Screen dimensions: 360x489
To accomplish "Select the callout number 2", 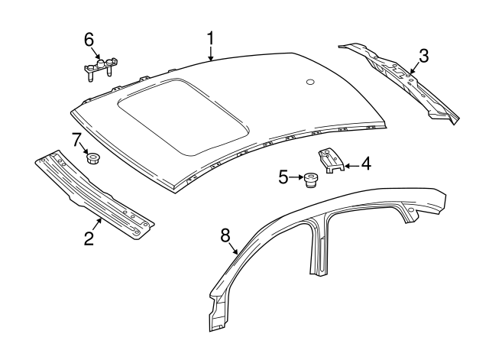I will (x=89, y=238).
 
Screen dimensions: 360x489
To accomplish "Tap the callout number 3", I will (x=423, y=55).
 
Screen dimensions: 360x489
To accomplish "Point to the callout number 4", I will (x=366, y=163).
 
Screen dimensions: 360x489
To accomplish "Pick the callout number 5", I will (x=283, y=178).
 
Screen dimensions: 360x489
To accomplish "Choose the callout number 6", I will (x=89, y=37).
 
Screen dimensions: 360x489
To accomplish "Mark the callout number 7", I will (x=76, y=140).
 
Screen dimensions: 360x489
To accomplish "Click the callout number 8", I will (x=225, y=236).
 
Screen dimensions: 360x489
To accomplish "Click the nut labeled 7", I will (x=94, y=158).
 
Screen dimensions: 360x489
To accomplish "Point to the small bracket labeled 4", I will (x=330, y=161).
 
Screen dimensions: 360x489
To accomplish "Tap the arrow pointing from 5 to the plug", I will (x=296, y=179).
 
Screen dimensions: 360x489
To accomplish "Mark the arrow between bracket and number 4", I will (x=350, y=164).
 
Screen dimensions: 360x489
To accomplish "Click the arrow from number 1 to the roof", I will (x=211, y=52).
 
